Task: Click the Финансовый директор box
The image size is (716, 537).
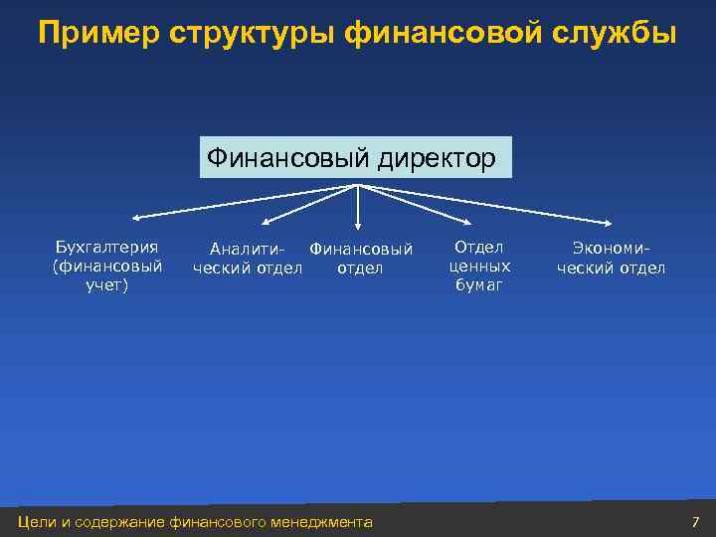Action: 355,158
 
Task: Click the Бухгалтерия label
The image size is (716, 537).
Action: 107,247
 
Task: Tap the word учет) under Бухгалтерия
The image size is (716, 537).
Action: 107,286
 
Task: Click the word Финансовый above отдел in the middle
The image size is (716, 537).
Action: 361,249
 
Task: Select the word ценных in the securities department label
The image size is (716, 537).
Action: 479,267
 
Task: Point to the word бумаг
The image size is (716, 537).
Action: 479,285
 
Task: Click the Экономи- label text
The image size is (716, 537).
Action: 611,249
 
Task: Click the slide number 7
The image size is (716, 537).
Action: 695,522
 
